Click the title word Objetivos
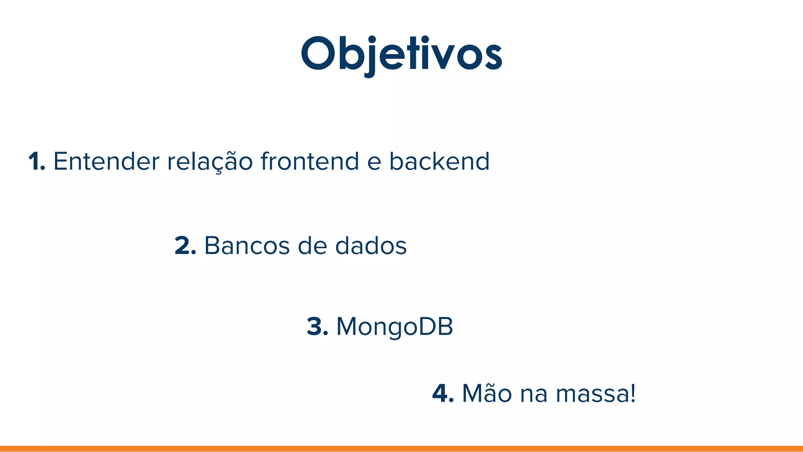click(401, 54)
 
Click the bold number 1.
click(36, 161)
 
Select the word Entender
click(106, 161)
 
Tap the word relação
click(210, 161)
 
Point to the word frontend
click(310, 161)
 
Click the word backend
click(439, 161)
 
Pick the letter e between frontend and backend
click(374, 163)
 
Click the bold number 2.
click(185, 246)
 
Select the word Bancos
click(247, 246)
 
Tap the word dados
click(371, 246)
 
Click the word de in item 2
click(312, 246)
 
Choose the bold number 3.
click(317, 326)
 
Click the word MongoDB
click(394, 326)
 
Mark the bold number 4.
click(443, 394)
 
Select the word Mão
click(487, 394)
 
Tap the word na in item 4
click(534, 395)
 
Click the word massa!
click(596, 394)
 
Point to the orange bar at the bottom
click(401, 448)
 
